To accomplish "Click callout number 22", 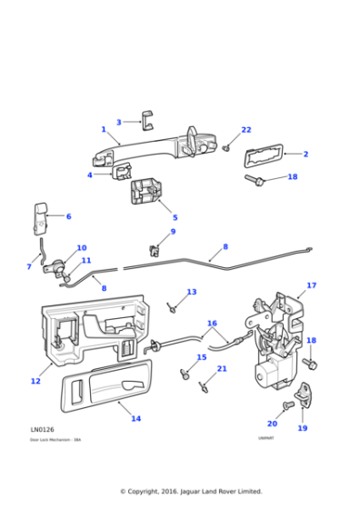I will tap(245, 130).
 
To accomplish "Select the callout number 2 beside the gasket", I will tap(305, 154).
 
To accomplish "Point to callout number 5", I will tap(175, 217).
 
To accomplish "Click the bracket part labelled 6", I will tap(40, 219).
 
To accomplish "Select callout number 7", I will tap(28, 266).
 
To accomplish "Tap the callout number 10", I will tap(82, 247).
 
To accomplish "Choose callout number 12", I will tap(35, 381).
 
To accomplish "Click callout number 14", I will tap(135, 418).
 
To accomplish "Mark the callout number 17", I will tap(311, 285).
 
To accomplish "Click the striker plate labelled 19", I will tap(302, 404).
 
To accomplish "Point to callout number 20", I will tap(272, 423).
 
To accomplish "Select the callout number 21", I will tap(222, 368).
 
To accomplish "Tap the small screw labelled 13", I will tap(172, 305).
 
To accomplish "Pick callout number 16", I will tap(212, 323).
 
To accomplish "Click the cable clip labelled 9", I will tap(155, 248).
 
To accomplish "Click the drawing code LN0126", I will tap(42, 429).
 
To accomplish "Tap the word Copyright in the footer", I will tap(149, 491).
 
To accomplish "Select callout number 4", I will tap(89, 175).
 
